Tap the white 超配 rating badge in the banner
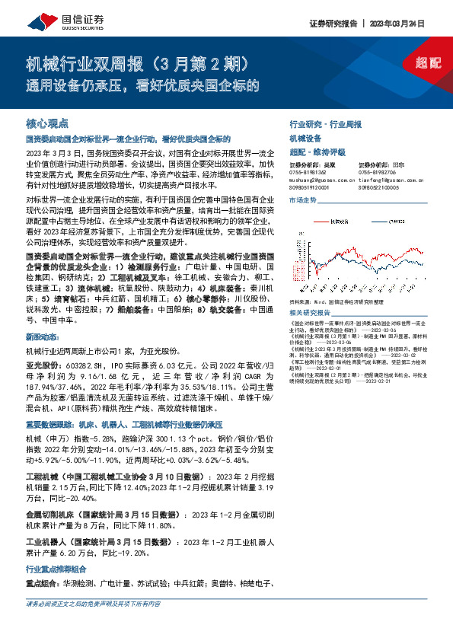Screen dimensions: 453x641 tap(428, 63)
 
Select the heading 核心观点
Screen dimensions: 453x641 tap(47, 123)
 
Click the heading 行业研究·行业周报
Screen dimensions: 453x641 tap(323, 123)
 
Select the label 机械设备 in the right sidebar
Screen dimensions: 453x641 tap(306, 138)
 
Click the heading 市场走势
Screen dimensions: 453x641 tap(302, 200)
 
